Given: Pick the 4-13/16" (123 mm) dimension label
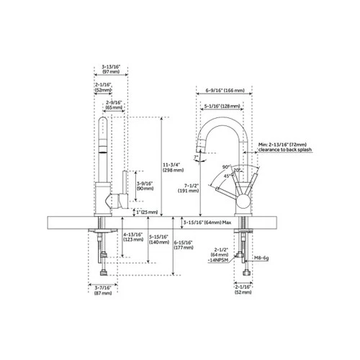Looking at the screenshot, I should (132, 238).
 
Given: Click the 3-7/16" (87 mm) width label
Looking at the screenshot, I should (103, 291).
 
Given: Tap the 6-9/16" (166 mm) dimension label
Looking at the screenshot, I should (224, 91).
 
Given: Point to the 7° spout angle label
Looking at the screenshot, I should (197, 157).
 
